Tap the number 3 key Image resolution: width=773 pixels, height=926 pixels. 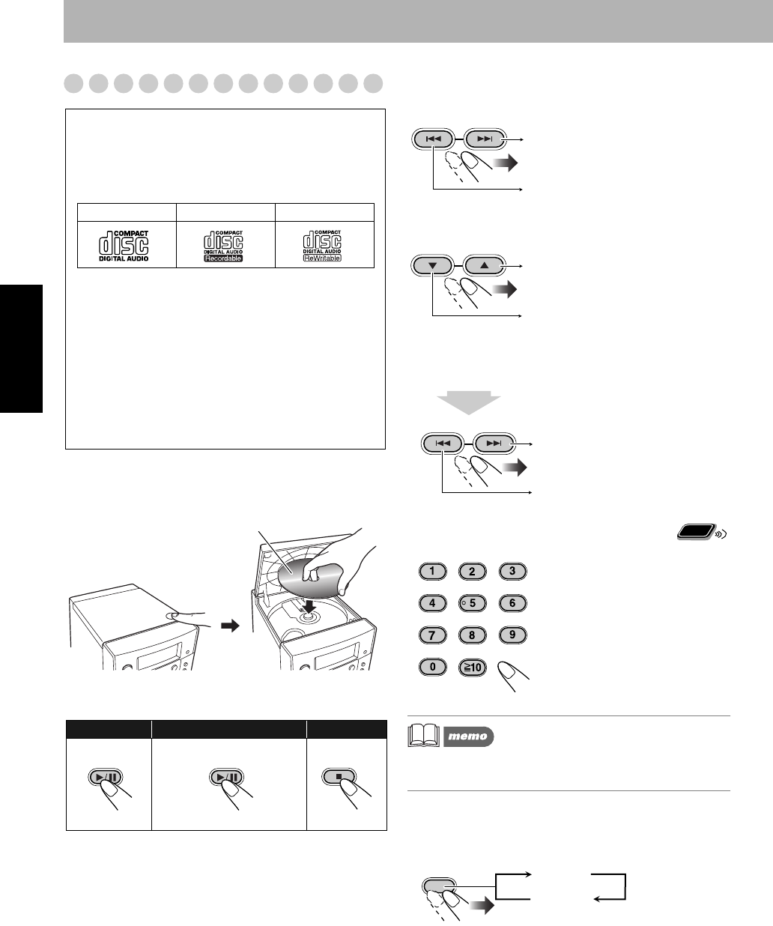coord(512,572)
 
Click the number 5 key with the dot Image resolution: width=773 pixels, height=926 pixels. coord(472,603)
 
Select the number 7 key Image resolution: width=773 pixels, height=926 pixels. coord(432,635)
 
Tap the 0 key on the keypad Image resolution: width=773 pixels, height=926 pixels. coord(432,666)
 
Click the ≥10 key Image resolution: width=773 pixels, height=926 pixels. coord(472,666)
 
